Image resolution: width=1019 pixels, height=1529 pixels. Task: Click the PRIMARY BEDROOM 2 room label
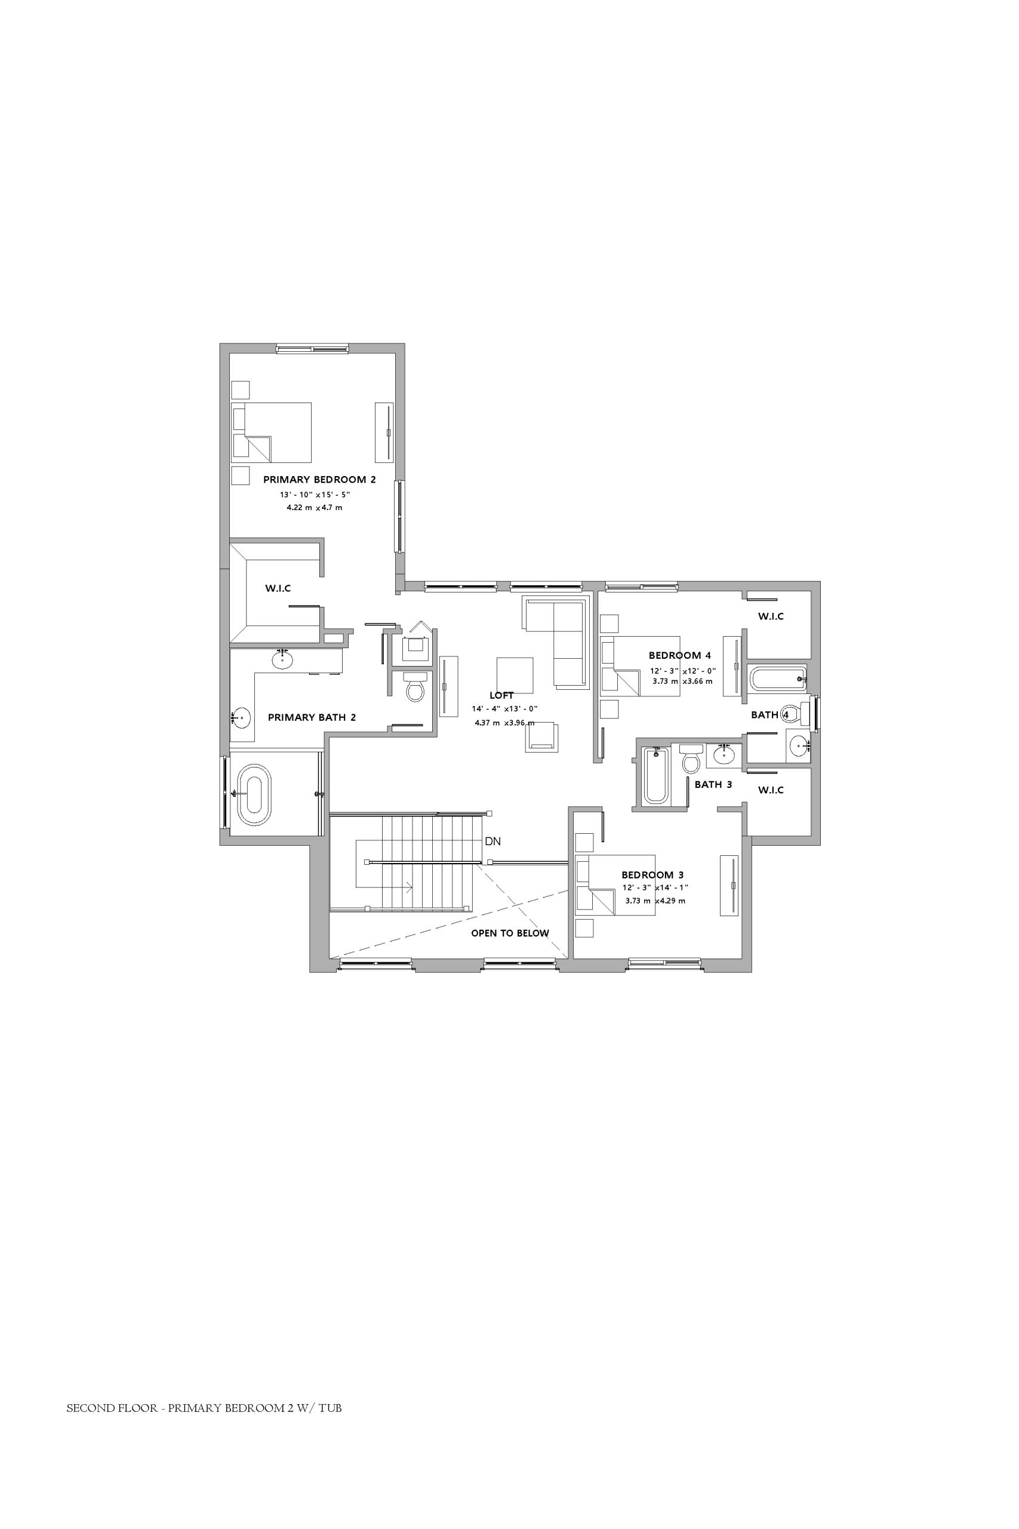point(319,480)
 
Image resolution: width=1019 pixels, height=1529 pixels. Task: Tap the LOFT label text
point(501,696)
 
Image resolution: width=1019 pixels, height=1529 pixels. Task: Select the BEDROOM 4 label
point(680,655)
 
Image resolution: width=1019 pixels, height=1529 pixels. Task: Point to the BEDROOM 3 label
point(652,874)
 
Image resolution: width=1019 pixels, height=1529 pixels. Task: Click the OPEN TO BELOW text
point(510,933)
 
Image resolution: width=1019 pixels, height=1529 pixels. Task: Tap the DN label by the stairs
point(492,841)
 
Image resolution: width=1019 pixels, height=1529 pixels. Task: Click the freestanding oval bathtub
point(254,794)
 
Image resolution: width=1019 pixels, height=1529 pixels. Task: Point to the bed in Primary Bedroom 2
point(272,432)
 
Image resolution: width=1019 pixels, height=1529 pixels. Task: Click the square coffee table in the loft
point(515,676)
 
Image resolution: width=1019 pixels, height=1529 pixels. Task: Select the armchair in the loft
point(542,736)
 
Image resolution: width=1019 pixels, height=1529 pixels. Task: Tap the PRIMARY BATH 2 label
point(312,718)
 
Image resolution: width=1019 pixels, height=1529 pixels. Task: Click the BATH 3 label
point(713,784)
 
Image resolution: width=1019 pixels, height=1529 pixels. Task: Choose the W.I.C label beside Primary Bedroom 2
point(278,588)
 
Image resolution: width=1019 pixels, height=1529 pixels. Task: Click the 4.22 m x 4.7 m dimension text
point(315,508)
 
